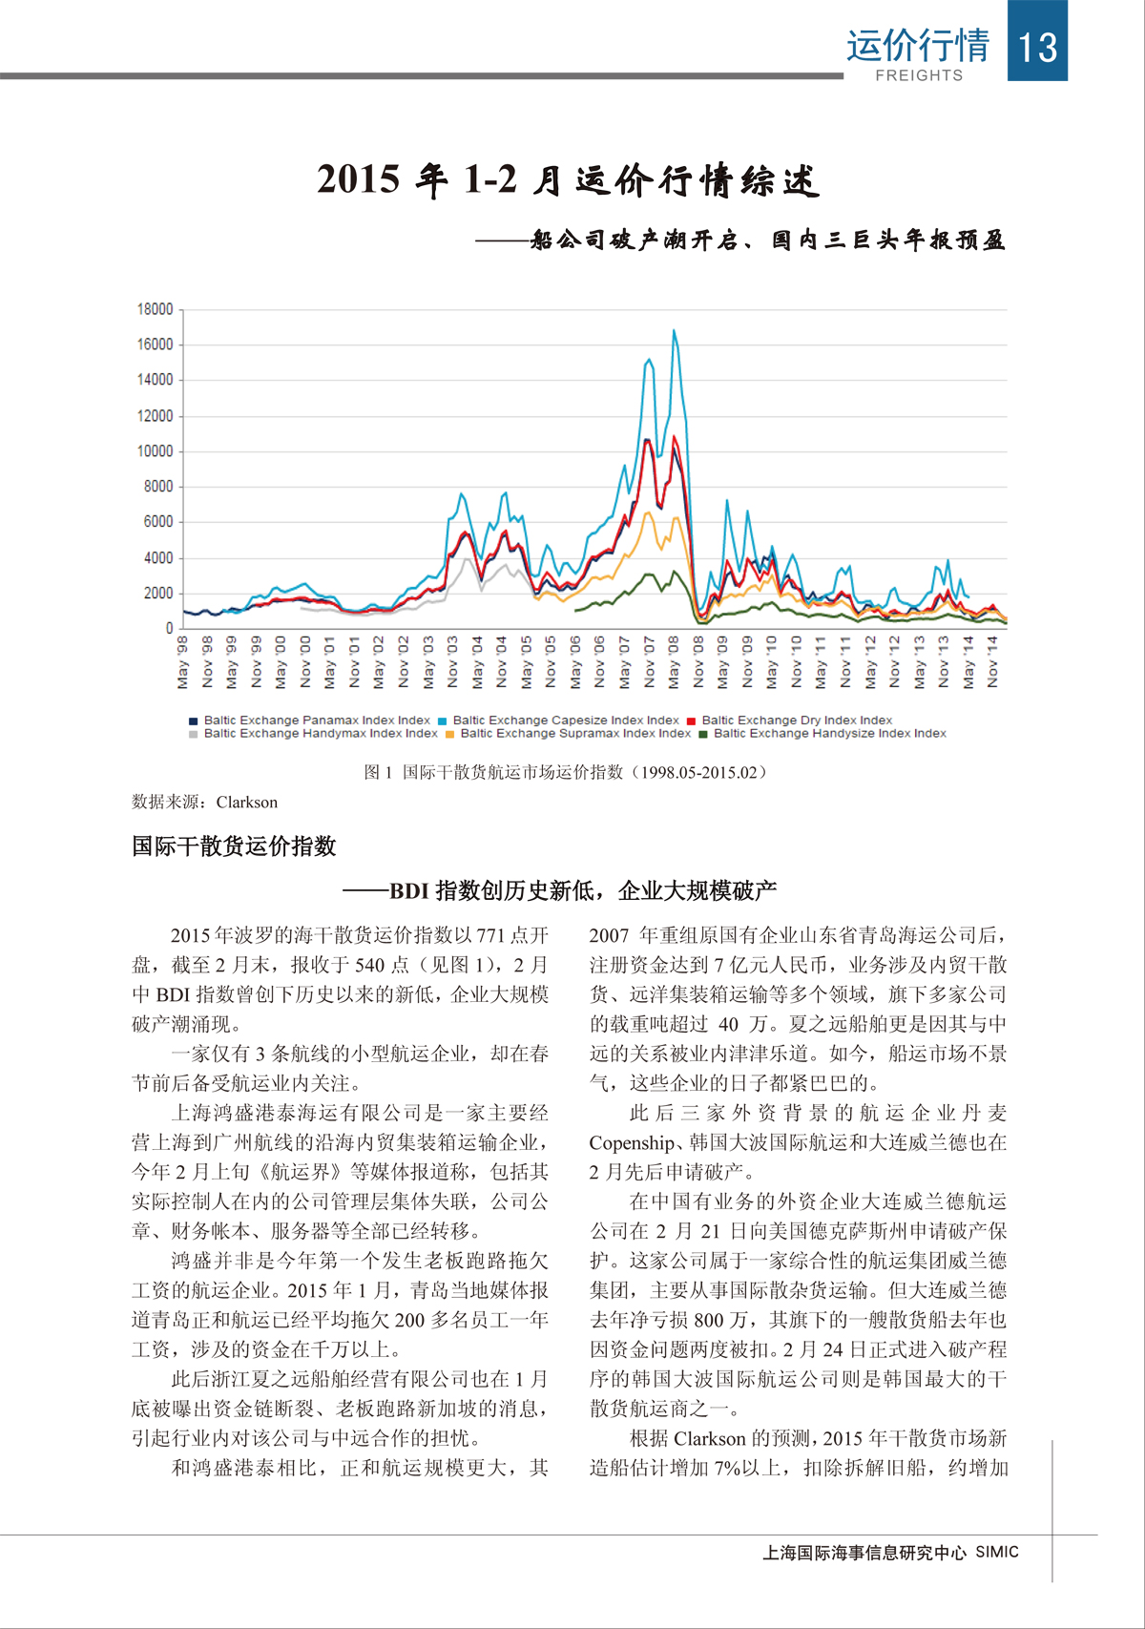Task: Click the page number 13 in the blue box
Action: coord(1037,46)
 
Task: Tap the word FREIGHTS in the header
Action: coord(919,75)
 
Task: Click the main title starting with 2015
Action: coord(568,179)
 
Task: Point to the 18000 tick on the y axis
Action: coord(156,309)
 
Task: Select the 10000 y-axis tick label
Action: coord(156,451)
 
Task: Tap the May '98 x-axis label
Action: coord(183,662)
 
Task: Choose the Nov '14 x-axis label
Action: coord(992,662)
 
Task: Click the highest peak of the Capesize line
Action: coord(674,331)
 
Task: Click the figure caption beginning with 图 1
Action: coord(565,772)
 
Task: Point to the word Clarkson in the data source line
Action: coord(246,803)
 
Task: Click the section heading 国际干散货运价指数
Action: coord(234,846)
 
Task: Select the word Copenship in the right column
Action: coord(632,1143)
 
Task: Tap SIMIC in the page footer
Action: coord(997,1553)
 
